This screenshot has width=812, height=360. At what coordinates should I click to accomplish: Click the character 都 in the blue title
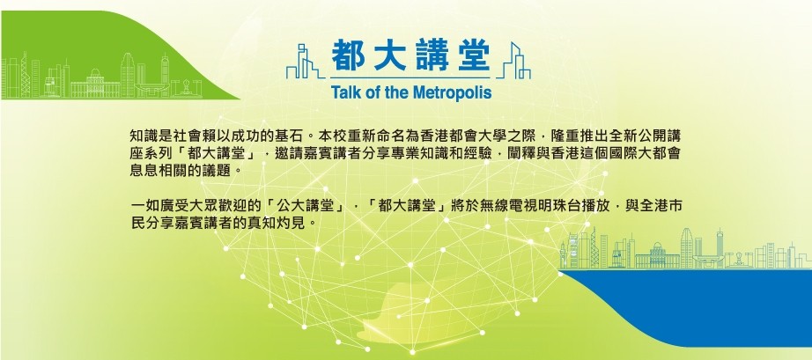(x=349, y=56)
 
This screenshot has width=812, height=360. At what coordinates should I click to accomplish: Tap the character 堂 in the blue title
(x=473, y=56)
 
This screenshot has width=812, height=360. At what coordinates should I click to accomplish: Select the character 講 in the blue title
(x=432, y=56)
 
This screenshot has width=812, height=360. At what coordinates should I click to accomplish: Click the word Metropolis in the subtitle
(x=452, y=93)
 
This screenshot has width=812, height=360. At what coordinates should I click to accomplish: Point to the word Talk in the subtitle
(x=343, y=92)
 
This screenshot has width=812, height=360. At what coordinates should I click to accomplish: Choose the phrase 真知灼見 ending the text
(x=284, y=224)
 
